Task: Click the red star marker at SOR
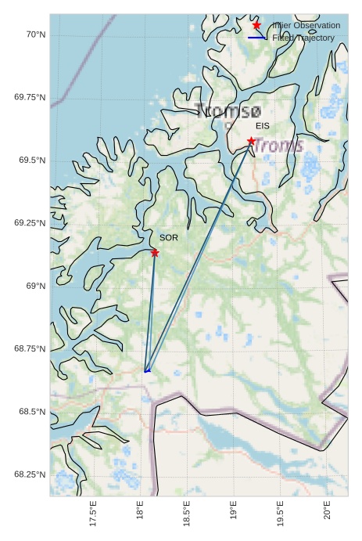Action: (x=155, y=253)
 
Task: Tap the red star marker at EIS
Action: (x=251, y=141)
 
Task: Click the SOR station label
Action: (x=169, y=237)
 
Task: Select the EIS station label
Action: (x=263, y=125)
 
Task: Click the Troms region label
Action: (x=278, y=146)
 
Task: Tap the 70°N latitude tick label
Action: (x=35, y=34)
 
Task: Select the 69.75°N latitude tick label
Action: (x=30, y=97)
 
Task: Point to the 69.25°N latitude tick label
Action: (x=30, y=223)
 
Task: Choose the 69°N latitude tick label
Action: (x=35, y=286)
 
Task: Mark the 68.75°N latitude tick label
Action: (x=30, y=348)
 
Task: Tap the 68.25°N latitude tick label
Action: (x=30, y=474)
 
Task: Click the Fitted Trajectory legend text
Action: (x=303, y=38)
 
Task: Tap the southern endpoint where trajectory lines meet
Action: (x=146, y=370)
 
